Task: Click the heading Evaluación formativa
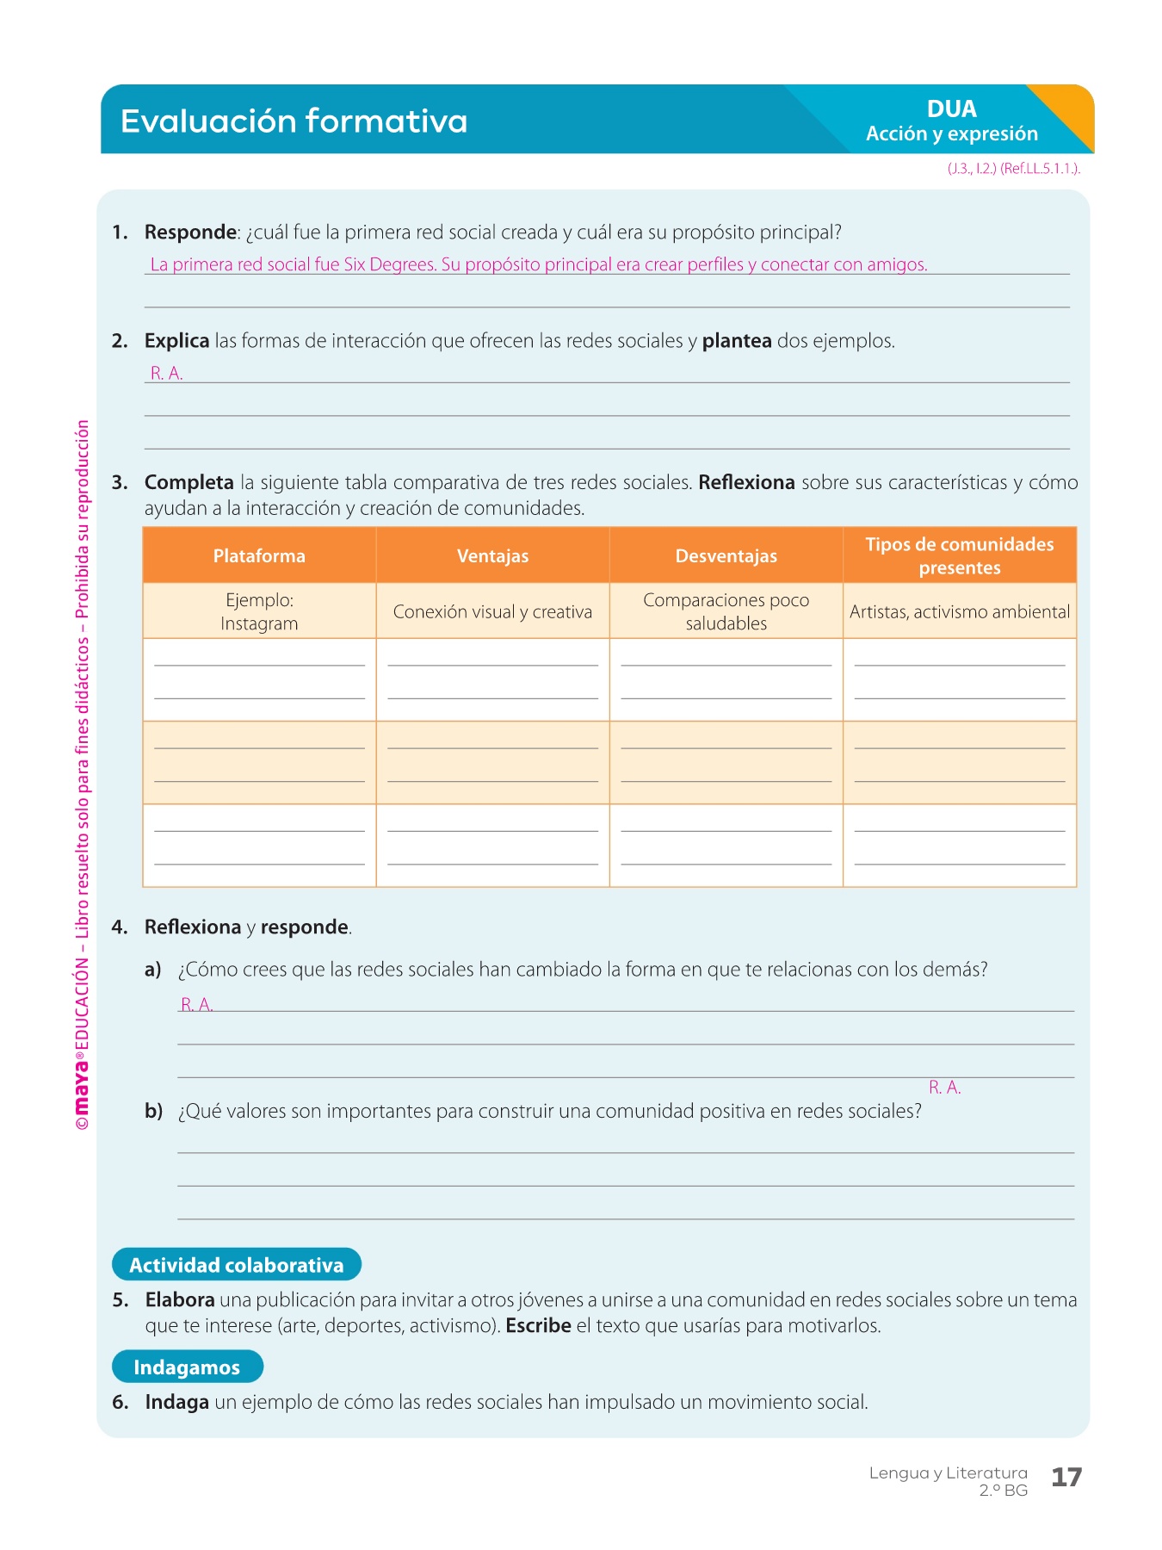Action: click(294, 121)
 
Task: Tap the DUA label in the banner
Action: click(951, 109)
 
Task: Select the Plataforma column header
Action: click(259, 556)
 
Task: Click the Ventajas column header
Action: click(492, 556)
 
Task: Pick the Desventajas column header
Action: click(726, 556)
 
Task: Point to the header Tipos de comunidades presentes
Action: click(959, 556)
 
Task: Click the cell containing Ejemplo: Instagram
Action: click(259, 611)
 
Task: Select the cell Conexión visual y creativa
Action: click(492, 612)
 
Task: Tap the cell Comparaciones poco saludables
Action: click(726, 611)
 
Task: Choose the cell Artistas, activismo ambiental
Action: click(959, 612)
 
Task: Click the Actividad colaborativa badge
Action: click(237, 1265)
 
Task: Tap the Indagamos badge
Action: click(187, 1367)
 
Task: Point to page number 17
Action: click(1066, 1478)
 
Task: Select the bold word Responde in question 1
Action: click(190, 232)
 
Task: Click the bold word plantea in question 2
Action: click(737, 341)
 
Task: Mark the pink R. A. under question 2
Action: click(166, 374)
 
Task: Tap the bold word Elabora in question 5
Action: click(180, 1300)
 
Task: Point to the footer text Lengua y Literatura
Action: click(948, 1473)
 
